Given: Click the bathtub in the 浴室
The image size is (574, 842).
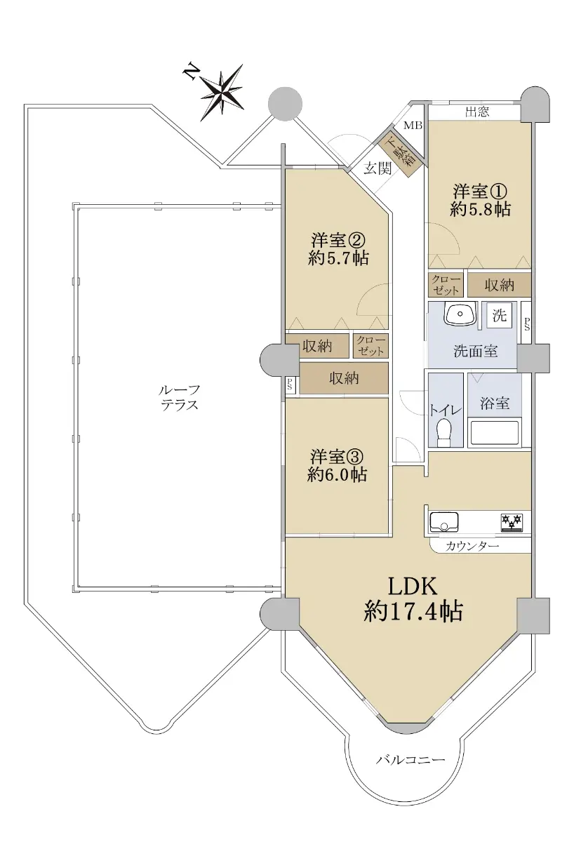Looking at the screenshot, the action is tap(494, 433).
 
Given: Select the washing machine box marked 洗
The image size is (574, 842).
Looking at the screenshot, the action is tap(499, 314).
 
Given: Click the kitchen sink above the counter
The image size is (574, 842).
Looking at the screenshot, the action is tap(444, 521).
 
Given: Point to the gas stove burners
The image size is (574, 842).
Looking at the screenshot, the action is tap(512, 523).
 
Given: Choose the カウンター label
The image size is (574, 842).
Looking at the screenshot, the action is tap(472, 546).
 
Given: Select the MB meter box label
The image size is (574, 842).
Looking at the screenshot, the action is tap(413, 125).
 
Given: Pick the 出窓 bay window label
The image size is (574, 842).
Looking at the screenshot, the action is tap(477, 112).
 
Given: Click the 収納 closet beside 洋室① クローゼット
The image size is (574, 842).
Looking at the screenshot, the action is tap(499, 285).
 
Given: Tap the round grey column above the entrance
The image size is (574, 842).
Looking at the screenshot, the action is tap(286, 104).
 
